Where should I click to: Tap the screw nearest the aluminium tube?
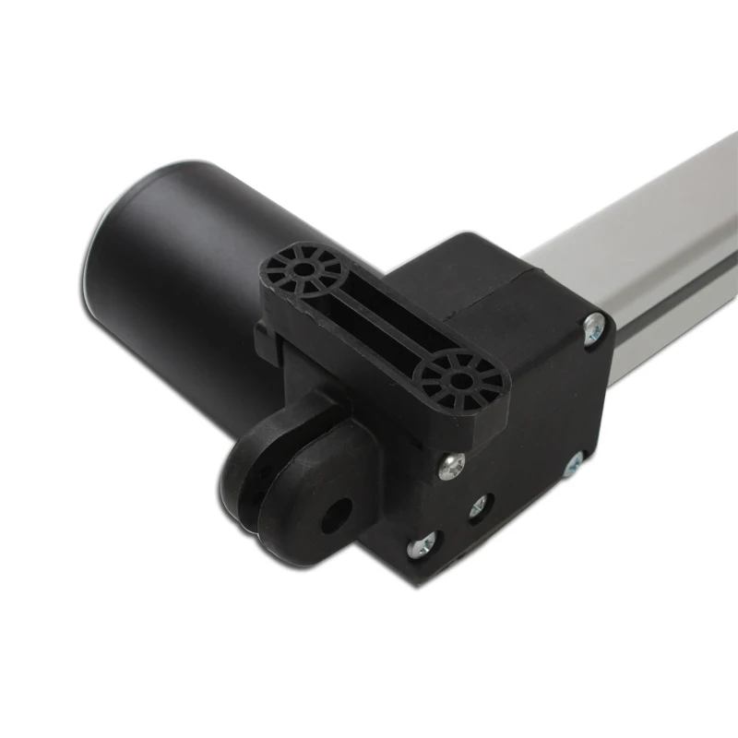coord(594,324)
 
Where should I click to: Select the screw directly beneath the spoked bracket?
coord(451,467)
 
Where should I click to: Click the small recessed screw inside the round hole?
coord(479,506)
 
